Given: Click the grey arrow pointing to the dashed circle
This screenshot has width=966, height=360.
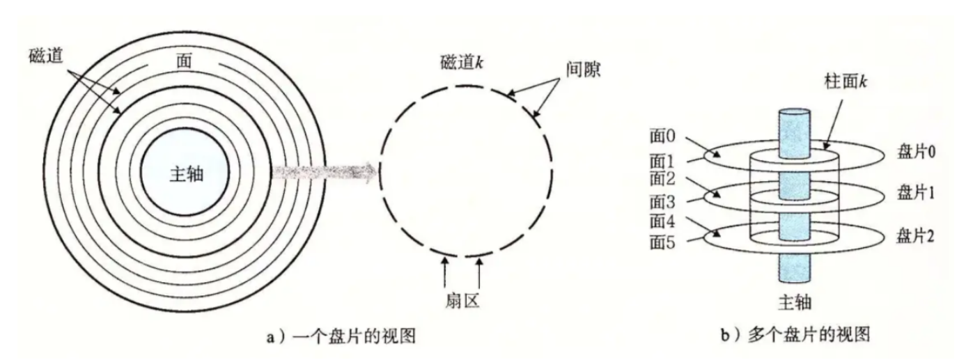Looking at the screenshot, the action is (x=324, y=172).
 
